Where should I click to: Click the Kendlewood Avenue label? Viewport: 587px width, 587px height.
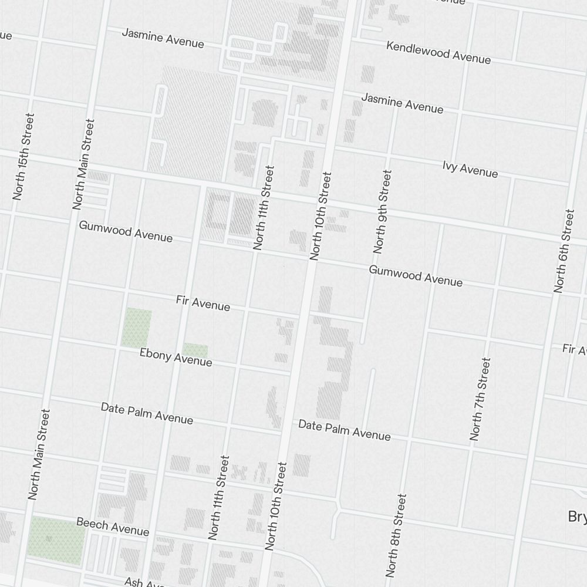pos(438,53)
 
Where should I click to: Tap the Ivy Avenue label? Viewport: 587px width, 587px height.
pos(470,169)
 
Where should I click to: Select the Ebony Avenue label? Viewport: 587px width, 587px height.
pos(176,357)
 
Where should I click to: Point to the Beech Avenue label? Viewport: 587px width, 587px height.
pos(113,527)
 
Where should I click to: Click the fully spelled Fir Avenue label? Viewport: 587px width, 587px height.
pos(203,303)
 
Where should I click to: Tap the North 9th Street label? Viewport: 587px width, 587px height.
pos(382,211)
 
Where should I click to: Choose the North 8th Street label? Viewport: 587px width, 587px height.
pos(396,535)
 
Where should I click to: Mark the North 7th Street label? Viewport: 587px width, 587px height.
pos(480,399)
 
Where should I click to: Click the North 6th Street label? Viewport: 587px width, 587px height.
pos(564,250)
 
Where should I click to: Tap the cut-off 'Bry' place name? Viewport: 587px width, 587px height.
pos(577,517)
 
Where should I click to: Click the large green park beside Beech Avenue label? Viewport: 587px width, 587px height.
pos(56,540)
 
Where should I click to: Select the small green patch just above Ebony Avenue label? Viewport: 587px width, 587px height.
pos(195,350)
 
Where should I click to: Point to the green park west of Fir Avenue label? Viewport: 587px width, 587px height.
pos(136,327)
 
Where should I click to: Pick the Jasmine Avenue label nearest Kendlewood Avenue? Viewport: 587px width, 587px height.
pos(402,103)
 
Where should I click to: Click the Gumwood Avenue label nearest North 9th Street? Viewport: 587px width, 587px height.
pos(416,276)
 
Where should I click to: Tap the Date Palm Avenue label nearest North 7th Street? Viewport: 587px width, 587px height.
pos(344,430)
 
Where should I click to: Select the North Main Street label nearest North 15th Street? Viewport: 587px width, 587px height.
pos(84,164)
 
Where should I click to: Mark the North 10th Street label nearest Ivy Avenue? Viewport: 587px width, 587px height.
pos(321,215)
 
